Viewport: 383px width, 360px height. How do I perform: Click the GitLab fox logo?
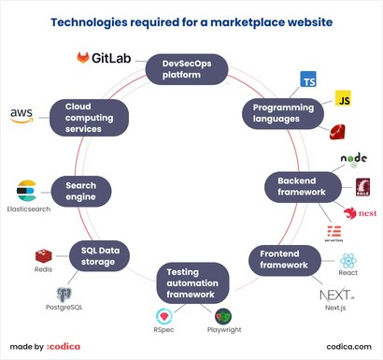tap(84, 59)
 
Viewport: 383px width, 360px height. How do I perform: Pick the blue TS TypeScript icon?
tap(308, 81)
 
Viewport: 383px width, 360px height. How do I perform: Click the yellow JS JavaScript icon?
tap(343, 99)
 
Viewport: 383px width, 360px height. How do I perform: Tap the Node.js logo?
tap(354, 160)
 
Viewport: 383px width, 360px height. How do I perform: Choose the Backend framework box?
tap(301, 185)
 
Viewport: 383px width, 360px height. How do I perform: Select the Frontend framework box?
tap(283, 258)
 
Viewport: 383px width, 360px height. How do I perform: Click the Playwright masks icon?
tap(223, 316)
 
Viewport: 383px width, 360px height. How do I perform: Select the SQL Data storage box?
tap(98, 255)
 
